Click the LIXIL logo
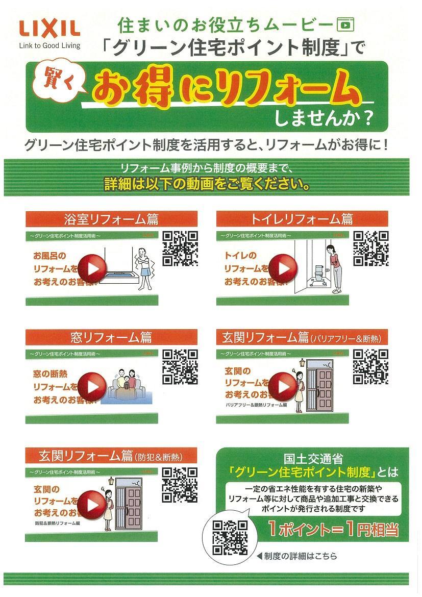tap(49, 28)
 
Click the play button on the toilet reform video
tap(283, 268)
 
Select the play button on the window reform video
tap(92, 386)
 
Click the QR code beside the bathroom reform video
tap(180, 248)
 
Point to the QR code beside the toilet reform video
tap(371, 248)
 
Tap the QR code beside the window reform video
tap(180, 366)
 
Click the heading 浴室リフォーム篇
tap(111, 219)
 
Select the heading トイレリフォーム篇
tap(302, 219)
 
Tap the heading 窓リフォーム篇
tap(111, 337)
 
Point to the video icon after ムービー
tap(345, 23)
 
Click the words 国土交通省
tap(312, 458)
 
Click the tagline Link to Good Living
tap(49, 45)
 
